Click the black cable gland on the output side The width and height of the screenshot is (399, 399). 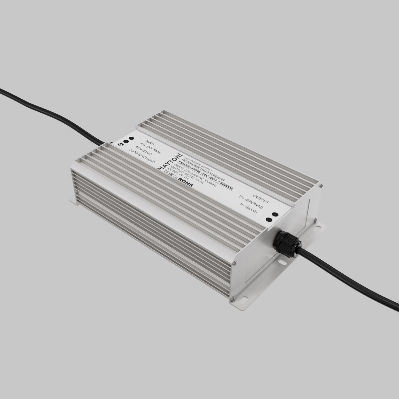coord(286,243)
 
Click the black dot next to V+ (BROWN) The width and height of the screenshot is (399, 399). coord(275,215)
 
